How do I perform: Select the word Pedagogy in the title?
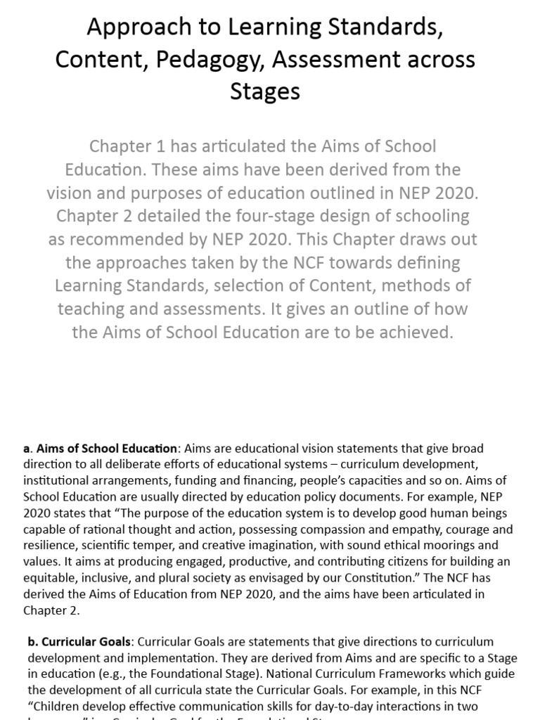[214, 59]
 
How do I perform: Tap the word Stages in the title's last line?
[265, 91]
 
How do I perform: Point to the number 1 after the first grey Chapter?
[155, 147]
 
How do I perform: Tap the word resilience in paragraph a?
[49, 546]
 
